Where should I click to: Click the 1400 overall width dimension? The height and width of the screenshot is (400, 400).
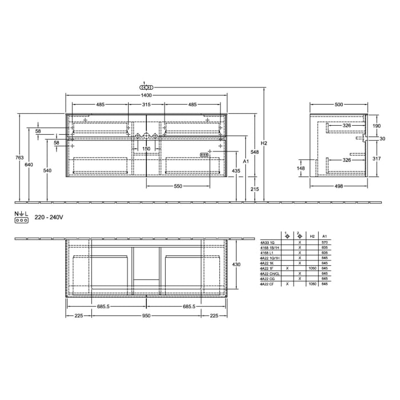(x=146, y=95)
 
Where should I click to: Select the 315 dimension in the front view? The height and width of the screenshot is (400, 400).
(x=146, y=105)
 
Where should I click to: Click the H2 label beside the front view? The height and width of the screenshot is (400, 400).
(x=263, y=143)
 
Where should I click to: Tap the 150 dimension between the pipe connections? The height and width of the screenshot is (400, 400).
(x=146, y=149)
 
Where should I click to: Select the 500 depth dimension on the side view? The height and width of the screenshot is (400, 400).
(x=339, y=105)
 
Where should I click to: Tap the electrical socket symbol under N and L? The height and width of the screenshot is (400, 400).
(x=22, y=219)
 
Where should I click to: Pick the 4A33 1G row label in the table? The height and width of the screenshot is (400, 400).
(x=267, y=242)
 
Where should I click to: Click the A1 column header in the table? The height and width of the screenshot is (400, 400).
(x=325, y=235)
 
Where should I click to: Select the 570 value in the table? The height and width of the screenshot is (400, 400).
(x=325, y=242)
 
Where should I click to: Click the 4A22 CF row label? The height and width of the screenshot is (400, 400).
(x=267, y=283)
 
